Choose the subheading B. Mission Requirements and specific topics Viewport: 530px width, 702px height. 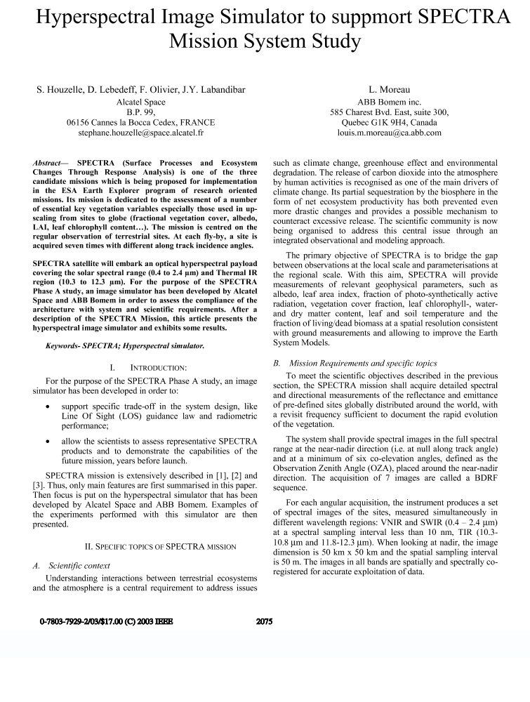[x=354, y=363]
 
